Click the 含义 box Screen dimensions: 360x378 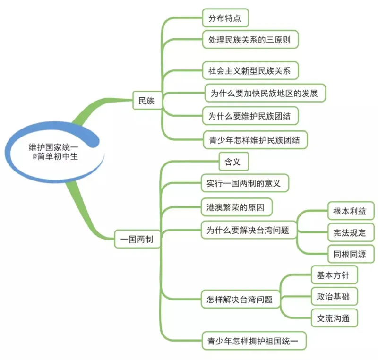point(233,162)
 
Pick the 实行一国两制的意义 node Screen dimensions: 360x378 point(244,183)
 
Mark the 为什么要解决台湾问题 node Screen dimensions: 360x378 point(248,230)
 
